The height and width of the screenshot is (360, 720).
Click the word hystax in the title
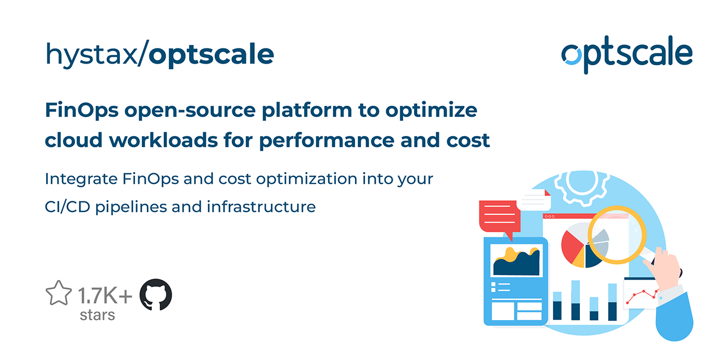coord(91,55)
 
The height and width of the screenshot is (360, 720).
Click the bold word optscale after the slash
coord(211,55)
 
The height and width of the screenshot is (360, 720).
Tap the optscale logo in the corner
coord(627,54)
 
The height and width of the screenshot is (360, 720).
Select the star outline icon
coord(58,293)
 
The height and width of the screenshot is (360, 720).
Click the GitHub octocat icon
coord(156,295)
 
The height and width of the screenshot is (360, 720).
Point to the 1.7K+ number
coord(105,296)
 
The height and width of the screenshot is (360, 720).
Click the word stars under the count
coord(97,316)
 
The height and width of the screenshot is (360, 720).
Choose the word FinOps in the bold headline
coord(82,111)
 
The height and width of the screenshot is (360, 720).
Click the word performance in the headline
coord(327,141)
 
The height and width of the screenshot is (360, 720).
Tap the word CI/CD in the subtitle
coord(67,206)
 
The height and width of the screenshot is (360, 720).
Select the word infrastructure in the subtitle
coord(261,206)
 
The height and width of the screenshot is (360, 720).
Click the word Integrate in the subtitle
coord(81,179)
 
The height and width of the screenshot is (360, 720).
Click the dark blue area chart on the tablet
coord(516,264)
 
